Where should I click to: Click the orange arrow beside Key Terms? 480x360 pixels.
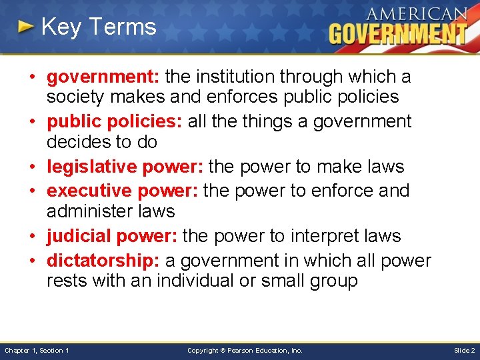pyautogui.click(x=26, y=27)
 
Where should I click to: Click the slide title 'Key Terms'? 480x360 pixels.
pyautogui.click(x=98, y=27)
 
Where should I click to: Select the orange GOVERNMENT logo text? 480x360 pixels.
pyautogui.click(x=397, y=34)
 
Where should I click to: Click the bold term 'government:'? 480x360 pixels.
pyautogui.click(x=103, y=77)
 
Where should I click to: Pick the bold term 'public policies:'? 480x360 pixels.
pyautogui.click(x=115, y=121)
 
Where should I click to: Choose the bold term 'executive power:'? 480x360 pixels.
pyautogui.click(x=123, y=191)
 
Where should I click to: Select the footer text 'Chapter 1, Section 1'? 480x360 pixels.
pyautogui.click(x=37, y=350)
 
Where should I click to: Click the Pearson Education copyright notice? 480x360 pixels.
pyautogui.click(x=245, y=350)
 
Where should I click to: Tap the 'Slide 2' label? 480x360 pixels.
pyautogui.click(x=464, y=350)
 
